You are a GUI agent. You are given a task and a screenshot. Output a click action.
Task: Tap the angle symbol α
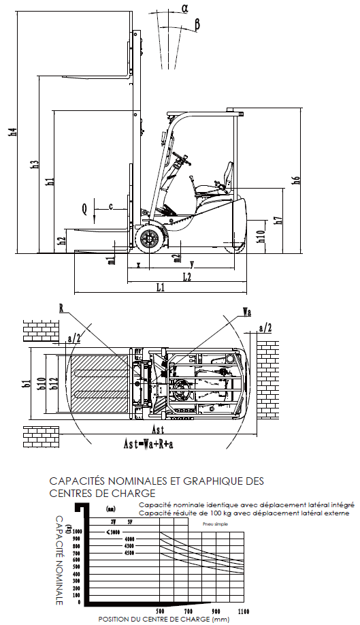pos(185,8)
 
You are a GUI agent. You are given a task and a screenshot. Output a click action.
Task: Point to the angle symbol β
pos(197,25)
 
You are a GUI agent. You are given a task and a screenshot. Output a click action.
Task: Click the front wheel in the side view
pos(149,240)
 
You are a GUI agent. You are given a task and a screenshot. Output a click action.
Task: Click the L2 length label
pos(185,276)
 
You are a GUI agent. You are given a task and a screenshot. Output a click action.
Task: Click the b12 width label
pos(53,384)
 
